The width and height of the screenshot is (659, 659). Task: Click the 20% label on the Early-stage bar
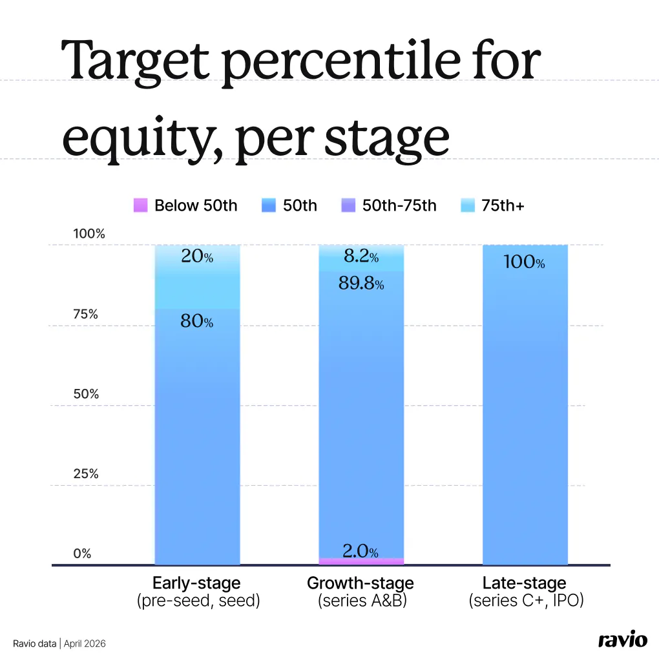(x=196, y=257)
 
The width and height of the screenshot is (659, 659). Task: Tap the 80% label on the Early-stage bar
(x=196, y=320)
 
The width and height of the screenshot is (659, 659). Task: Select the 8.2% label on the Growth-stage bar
(x=361, y=257)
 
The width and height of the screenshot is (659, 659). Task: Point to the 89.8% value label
(x=361, y=283)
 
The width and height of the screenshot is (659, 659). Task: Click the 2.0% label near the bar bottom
(x=360, y=551)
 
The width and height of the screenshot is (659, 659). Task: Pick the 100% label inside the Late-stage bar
(x=524, y=262)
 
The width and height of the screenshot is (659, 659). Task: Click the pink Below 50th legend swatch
(x=140, y=205)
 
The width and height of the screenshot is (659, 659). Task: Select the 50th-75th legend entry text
(x=399, y=205)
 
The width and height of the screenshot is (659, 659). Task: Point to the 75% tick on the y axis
(x=85, y=315)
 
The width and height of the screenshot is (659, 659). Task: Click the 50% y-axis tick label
(x=85, y=394)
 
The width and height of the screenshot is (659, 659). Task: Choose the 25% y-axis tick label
(x=85, y=474)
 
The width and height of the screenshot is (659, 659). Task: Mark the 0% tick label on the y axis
(x=82, y=554)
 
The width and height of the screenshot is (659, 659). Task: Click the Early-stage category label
(x=196, y=583)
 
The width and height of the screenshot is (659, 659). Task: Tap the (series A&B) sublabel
(x=361, y=601)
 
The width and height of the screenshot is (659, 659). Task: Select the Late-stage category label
(x=524, y=583)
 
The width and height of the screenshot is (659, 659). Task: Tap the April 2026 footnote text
(x=85, y=643)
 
